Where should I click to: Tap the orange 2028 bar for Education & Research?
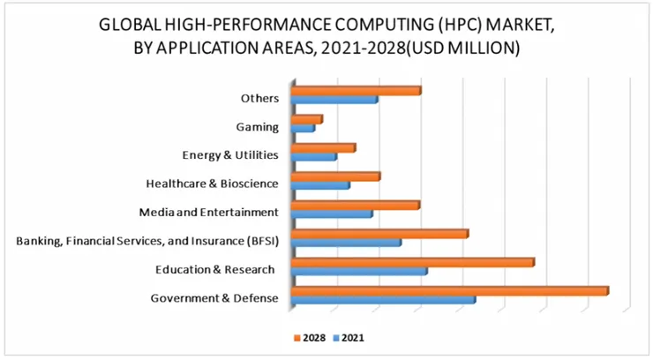tap(412, 262)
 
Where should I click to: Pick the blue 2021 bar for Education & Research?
tap(358, 272)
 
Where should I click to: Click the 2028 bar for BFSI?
tap(379, 234)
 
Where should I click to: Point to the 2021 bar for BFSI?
tap(345, 243)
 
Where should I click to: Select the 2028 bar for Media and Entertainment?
tap(355, 206)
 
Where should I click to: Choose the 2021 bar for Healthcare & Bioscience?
tap(319, 185)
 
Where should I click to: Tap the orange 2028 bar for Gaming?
tap(306, 119)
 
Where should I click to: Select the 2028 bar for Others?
tap(355, 90)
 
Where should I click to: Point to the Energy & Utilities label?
tap(230, 155)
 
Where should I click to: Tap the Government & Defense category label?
tap(214, 298)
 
